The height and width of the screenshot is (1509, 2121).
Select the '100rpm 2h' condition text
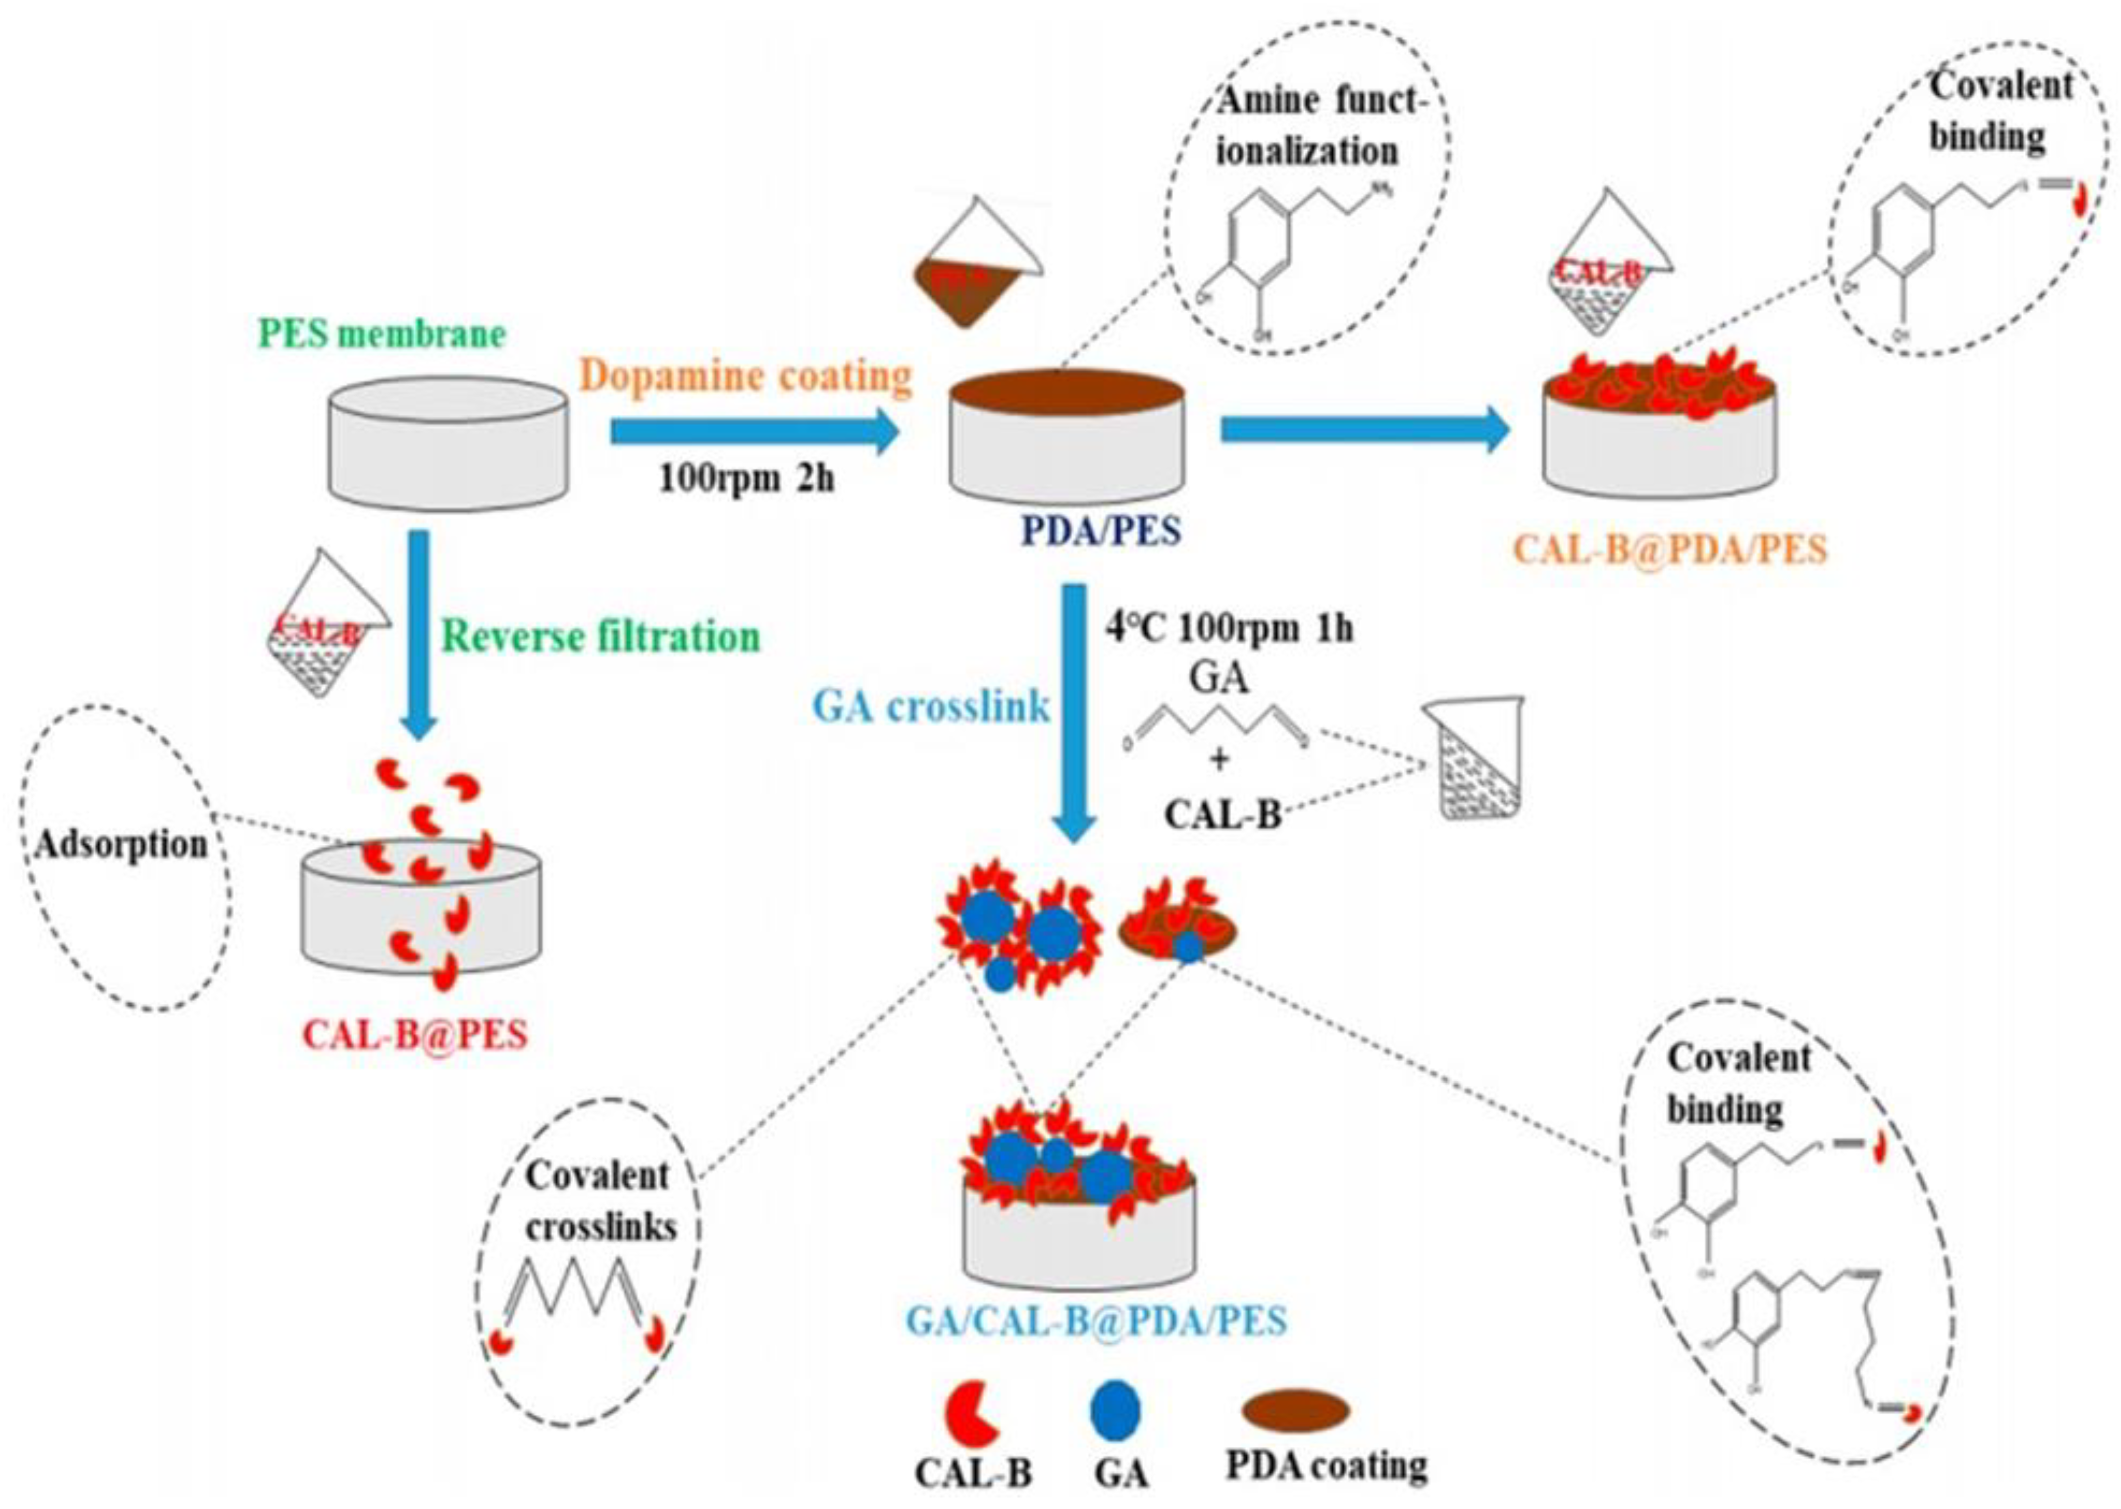click(747, 480)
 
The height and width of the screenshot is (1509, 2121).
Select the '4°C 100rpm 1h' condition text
click(1229, 629)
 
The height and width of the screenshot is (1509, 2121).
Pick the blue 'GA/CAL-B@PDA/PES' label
click(1097, 1320)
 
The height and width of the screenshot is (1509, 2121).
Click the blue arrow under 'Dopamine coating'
click(755, 432)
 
